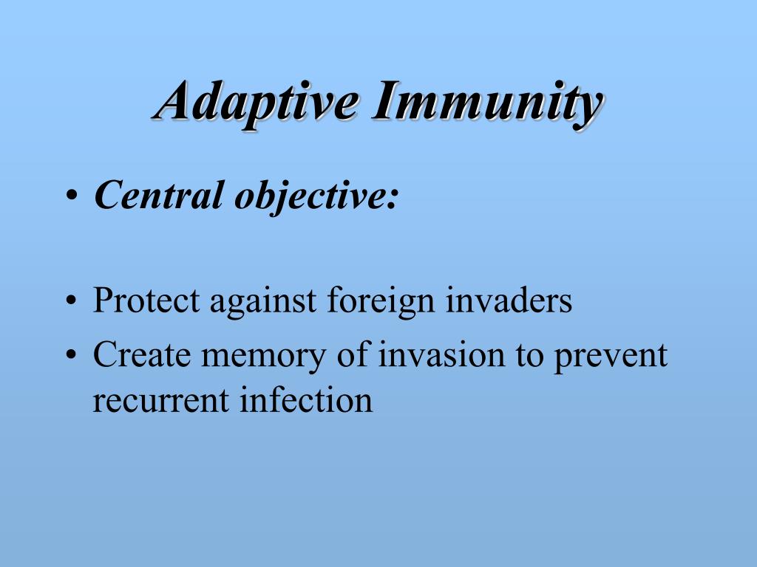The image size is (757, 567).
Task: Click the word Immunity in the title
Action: [x=486, y=103]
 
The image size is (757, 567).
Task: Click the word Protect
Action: [x=146, y=301]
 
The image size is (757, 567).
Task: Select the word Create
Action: [x=138, y=355]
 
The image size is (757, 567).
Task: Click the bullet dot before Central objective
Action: [x=71, y=197]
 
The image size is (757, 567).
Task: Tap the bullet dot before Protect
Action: [x=71, y=303]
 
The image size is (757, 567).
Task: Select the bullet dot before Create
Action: [x=71, y=357]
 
